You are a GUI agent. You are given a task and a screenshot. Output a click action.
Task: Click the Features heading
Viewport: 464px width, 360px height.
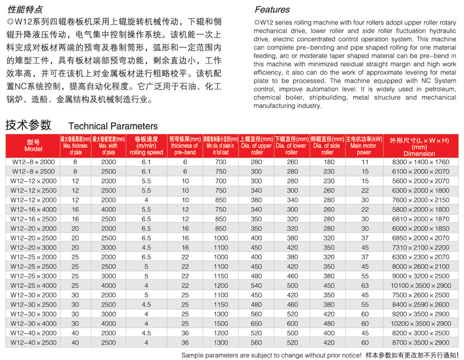click(x=272, y=10)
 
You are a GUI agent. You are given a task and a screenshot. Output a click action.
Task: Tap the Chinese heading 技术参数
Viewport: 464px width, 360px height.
click(x=28, y=125)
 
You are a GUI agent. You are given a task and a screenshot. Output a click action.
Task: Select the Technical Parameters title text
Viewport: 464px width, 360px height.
click(x=113, y=126)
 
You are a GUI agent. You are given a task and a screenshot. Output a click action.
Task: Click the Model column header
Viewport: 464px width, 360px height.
click(x=33, y=146)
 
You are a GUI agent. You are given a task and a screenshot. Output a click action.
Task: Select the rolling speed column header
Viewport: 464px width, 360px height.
click(x=146, y=146)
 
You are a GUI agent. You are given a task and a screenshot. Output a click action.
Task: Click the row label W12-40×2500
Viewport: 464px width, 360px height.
click(x=33, y=342)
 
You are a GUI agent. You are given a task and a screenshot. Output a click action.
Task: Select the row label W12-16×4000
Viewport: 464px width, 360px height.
click(x=33, y=210)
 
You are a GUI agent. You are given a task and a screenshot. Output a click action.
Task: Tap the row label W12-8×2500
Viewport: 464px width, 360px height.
click(x=33, y=171)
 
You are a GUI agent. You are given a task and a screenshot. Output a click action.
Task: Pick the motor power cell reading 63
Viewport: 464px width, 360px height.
click(x=365, y=285)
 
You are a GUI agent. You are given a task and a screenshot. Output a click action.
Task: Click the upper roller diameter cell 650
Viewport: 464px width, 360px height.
click(x=257, y=323)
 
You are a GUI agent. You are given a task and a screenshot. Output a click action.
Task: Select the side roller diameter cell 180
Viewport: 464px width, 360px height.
click(x=329, y=162)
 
